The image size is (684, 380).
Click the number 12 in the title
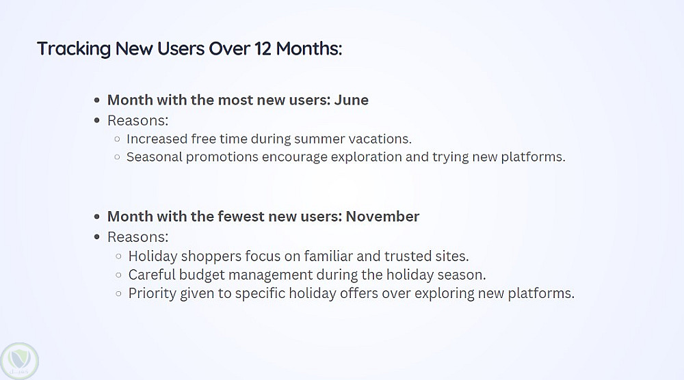263,49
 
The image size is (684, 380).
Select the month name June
351,100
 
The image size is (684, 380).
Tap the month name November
382,216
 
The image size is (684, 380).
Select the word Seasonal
154,157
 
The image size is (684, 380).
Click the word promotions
222,157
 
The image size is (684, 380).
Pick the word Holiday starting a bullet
153,256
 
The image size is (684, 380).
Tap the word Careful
152,275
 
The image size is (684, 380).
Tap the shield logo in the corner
19,360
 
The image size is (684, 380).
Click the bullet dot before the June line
97,100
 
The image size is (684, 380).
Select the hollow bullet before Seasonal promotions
117,157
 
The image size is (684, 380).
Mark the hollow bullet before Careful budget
118,275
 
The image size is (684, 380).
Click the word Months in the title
309,49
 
